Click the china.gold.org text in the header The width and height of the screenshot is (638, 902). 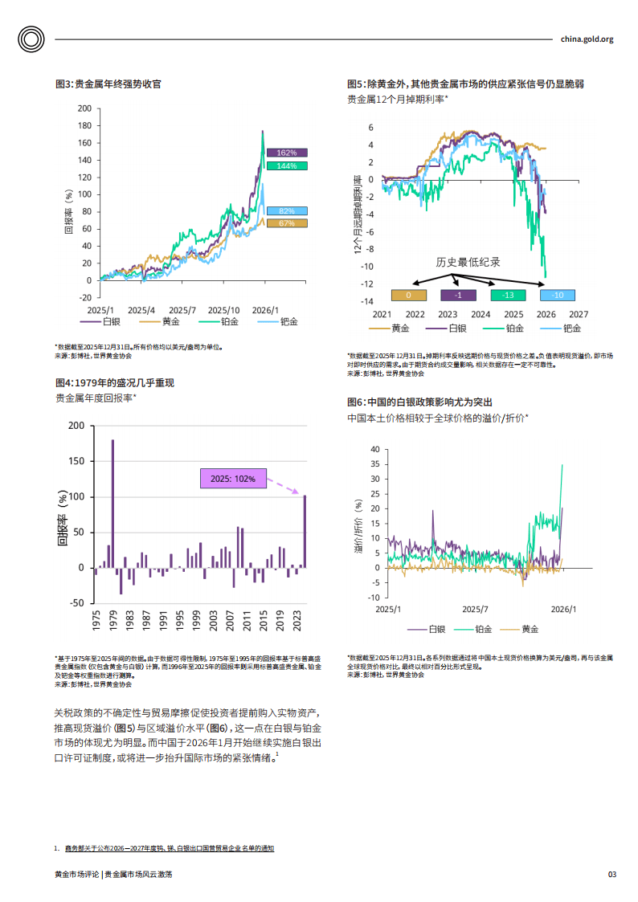point(587,39)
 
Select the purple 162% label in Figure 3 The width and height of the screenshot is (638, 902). point(287,153)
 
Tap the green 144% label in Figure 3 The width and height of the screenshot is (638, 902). point(287,165)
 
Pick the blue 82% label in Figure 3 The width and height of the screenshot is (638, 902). point(287,210)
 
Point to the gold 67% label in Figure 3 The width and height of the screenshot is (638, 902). point(287,223)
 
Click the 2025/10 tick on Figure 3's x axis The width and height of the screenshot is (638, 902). point(223,309)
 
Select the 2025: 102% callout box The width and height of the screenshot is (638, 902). point(232,479)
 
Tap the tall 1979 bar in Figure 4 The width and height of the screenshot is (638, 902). point(112,504)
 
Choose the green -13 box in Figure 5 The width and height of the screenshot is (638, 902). point(508,296)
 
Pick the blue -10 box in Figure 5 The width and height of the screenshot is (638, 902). point(557,296)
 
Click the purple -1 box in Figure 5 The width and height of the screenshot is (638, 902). point(458,296)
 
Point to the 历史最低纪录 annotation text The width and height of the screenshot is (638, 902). point(468,262)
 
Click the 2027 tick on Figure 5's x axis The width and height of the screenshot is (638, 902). point(579,315)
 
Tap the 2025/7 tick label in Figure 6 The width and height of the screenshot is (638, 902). point(476,610)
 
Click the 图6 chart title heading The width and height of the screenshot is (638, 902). point(419,402)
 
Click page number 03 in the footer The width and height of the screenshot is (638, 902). point(611,874)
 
